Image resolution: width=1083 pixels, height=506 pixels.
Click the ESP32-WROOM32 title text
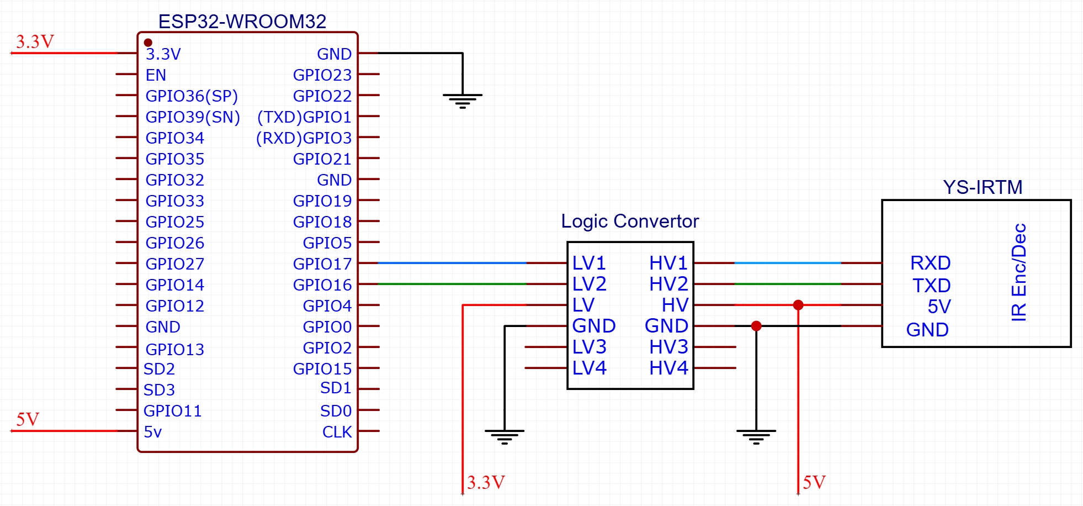tap(242, 22)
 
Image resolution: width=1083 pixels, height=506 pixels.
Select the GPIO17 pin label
tap(322, 264)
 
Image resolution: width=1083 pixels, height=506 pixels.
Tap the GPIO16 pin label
tap(322, 285)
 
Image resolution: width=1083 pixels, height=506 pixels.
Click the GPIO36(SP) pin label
tap(191, 96)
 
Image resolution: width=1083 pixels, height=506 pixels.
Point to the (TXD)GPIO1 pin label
tap(304, 117)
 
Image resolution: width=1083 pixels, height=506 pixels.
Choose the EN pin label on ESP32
tap(156, 75)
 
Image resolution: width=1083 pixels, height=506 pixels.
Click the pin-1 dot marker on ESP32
tap(148, 43)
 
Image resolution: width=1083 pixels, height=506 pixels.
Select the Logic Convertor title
tap(629, 222)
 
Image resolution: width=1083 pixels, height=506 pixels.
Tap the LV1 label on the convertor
tap(588, 263)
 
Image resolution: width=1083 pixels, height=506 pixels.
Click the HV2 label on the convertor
tap(668, 284)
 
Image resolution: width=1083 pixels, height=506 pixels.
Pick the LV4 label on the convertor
tap(588, 368)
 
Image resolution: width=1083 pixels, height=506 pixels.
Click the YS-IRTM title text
tap(982, 188)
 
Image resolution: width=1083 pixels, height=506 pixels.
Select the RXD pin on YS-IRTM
tap(930, 263)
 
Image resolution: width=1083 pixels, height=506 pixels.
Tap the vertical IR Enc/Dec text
tap(1018, 272)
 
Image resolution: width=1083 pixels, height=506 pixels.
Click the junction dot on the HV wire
tap(798, 305)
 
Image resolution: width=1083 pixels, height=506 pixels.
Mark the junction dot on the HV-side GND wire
tap(756, 326)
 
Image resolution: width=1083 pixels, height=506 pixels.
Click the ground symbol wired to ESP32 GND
tap(463, 99)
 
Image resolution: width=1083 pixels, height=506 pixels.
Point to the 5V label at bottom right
tap(814, 482)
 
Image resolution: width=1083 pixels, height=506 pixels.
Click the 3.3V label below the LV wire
tap(486, 482)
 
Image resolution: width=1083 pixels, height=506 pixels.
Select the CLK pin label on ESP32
tap(337, 432)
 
